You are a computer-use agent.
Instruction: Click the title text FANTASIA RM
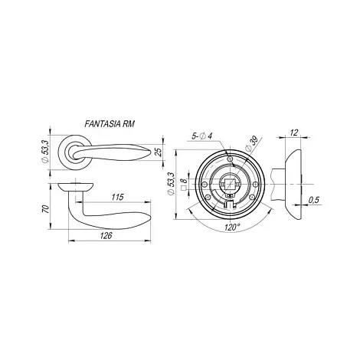[110, 124]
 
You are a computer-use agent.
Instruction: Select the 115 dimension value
[117, 197]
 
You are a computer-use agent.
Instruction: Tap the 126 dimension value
[106, 235]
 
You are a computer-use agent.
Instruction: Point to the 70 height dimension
[45, 209]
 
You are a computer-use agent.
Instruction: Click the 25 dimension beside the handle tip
[159, 152]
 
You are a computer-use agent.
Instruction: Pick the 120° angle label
[232, 227]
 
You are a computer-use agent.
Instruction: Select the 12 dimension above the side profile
[294, 133]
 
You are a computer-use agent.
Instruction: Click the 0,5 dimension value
[314, 200]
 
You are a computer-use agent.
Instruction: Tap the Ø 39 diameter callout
[250, 146]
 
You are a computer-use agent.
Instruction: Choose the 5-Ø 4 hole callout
[202, 136]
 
